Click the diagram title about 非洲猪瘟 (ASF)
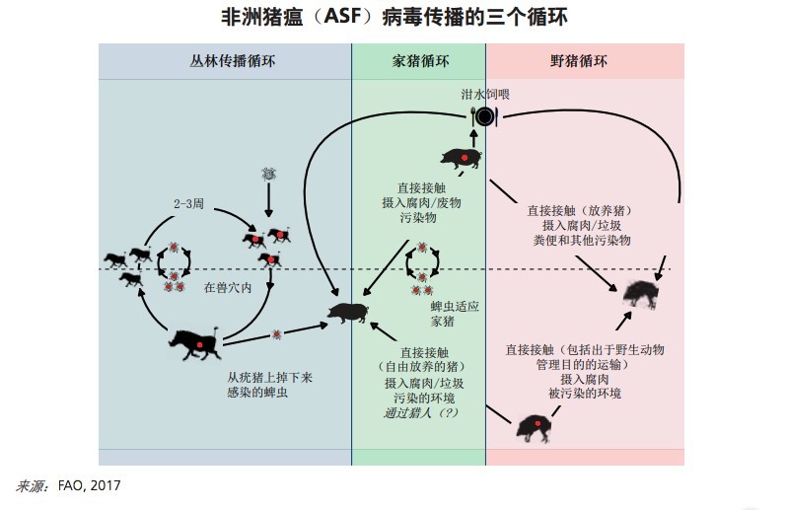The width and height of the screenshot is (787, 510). click(393, 18)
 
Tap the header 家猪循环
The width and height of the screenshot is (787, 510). click(418, 61)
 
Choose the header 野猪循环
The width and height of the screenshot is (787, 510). click(579, 61)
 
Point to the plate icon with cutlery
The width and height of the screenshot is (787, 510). click(484, 117)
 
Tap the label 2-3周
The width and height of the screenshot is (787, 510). click(187, 204)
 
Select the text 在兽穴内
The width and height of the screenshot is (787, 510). click(228, 289)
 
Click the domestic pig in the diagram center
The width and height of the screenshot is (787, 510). click(349, 313)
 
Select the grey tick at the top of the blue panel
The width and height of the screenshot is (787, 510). click(268, 174)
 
